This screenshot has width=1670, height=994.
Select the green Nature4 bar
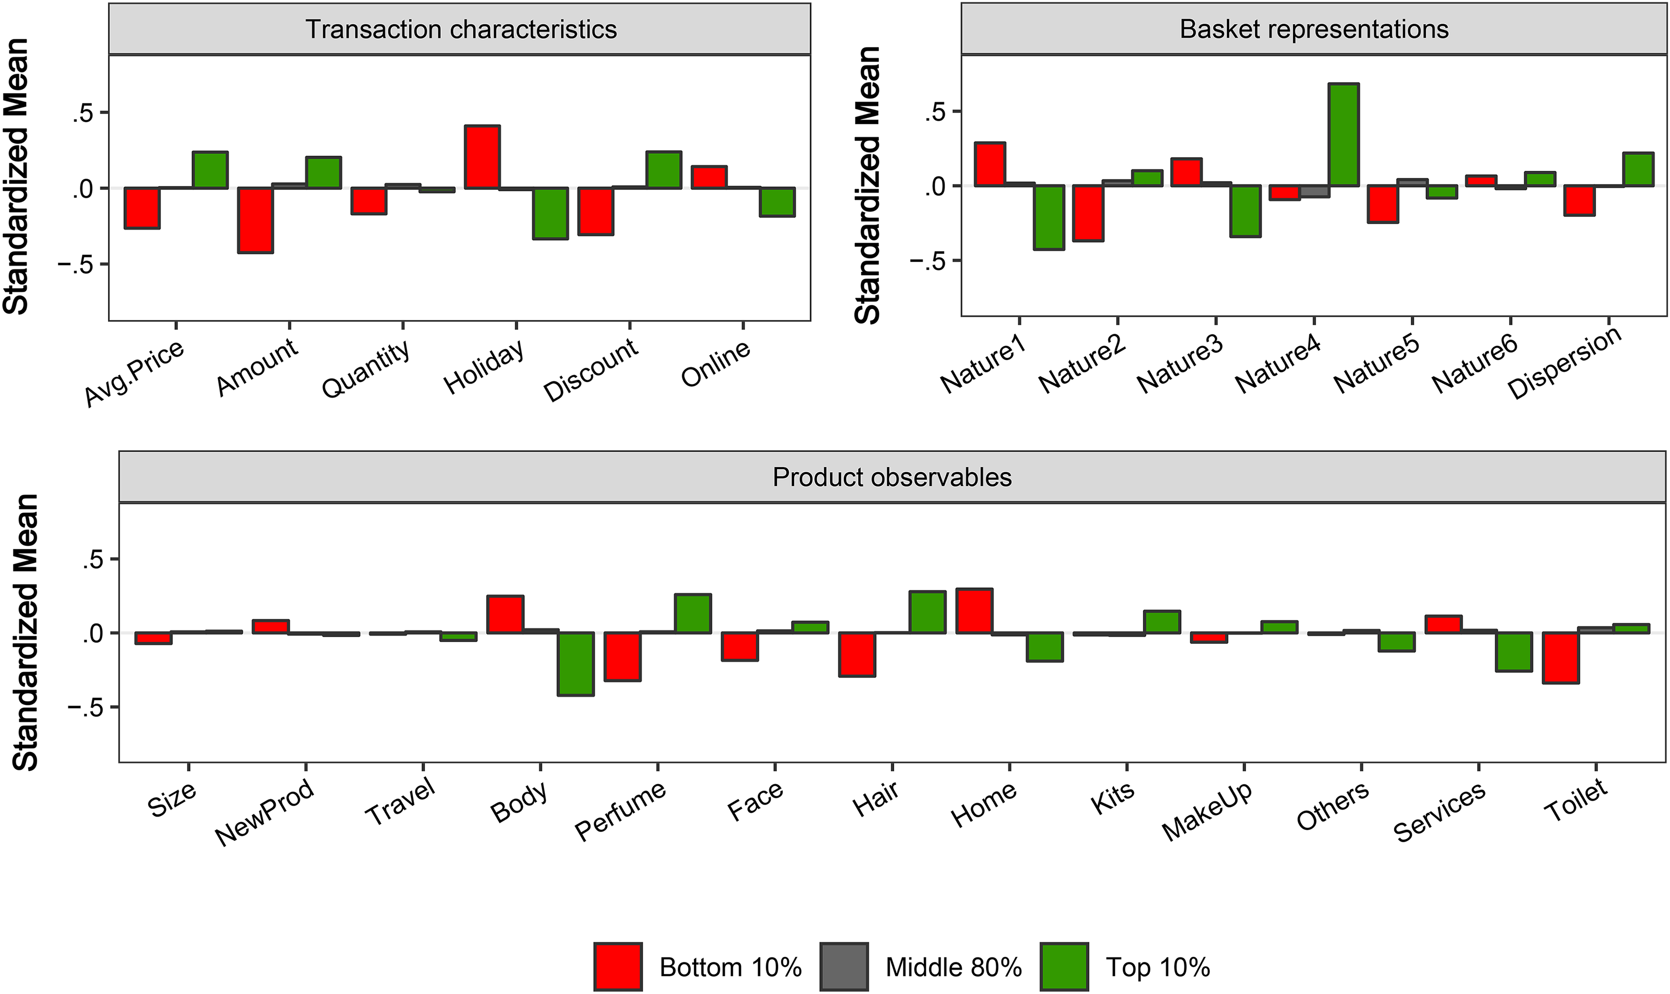[x=1343, y=134]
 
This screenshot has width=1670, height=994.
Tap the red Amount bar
[x=256, y=220]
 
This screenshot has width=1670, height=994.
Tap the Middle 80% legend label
[x=953, y=967]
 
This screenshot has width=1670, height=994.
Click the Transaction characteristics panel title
[x=461, y=30]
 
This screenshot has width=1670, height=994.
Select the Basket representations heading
[x=1314, y=30]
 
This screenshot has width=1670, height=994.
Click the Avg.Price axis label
[x=133, y=373]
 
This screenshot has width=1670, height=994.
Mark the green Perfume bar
[x=693, y=613]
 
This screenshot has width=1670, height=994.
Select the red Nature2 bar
[x=1088, y=213]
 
